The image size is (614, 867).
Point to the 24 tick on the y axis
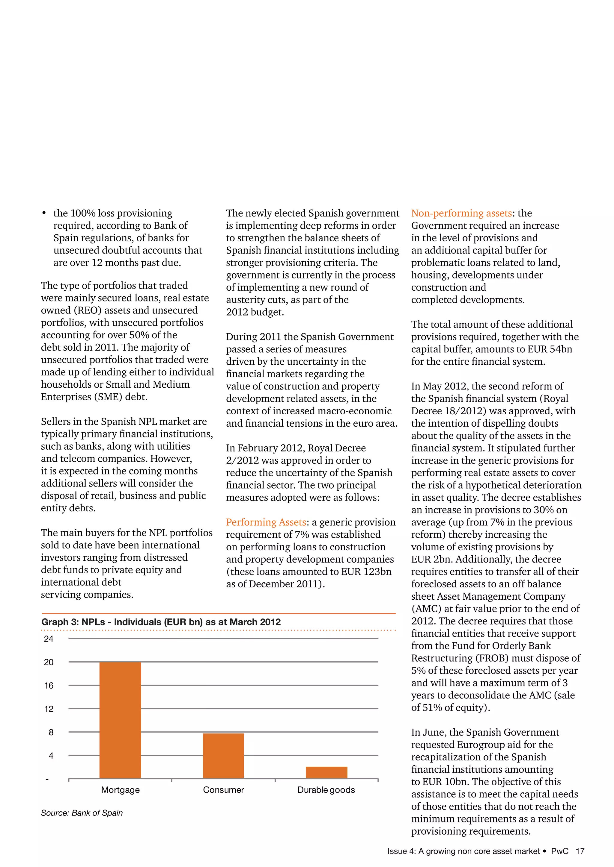[x=49, y=639]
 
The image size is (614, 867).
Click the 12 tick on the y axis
[x=49, y=709]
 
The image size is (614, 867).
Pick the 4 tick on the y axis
[x=51, y=756]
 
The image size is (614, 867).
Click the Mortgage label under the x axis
[x=120, y=790]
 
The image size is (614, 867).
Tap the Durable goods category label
[x=326, y=790]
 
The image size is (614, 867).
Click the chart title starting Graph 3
[x=161, y=622]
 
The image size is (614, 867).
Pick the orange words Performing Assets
[x=266, y=522]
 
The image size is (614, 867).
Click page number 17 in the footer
[x=580, y=851]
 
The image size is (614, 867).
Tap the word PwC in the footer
[x=559, y=851]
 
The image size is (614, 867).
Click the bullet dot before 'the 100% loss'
[x=44, y=214]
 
